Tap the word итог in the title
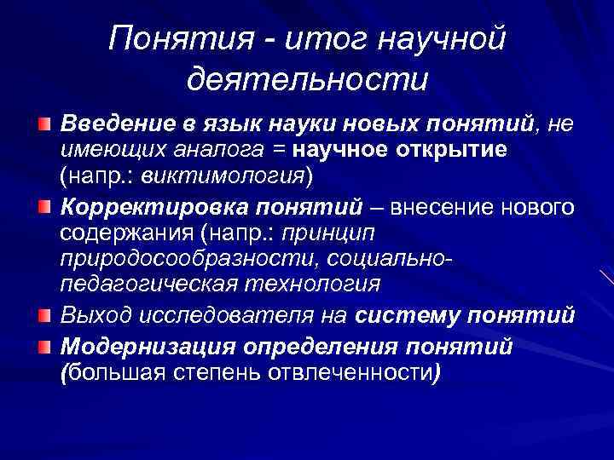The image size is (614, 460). (313, 38)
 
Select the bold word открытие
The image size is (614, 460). (451, 151)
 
